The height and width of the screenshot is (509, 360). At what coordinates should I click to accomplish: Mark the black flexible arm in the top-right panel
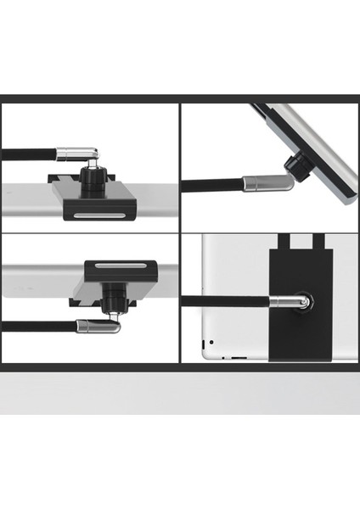[x=212, y=189]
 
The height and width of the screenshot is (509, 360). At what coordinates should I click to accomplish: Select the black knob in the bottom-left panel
[x=111, y=297]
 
